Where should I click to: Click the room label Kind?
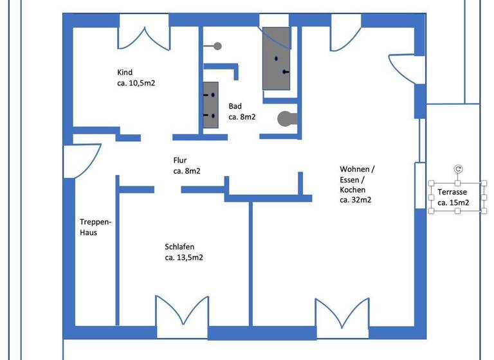tap(125, 73)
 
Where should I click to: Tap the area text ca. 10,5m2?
tap(136, 84)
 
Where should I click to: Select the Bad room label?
tap(235, 106)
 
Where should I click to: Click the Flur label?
tap(180, 160)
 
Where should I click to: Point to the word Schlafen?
tap(179, 247)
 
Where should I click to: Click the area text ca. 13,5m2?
tap(184, 258)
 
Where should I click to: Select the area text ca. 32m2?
tap(355, 201)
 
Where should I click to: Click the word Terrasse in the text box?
tap(452, 192)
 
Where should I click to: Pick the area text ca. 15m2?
tap(453, 203)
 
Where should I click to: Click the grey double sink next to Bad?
tap(211, 105)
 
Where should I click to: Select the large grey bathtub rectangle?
tap(276, 59)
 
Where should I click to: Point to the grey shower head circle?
tap(217, 46)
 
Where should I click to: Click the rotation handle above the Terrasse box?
tap(458, 169)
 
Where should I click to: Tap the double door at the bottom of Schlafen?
tap(182, 312)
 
